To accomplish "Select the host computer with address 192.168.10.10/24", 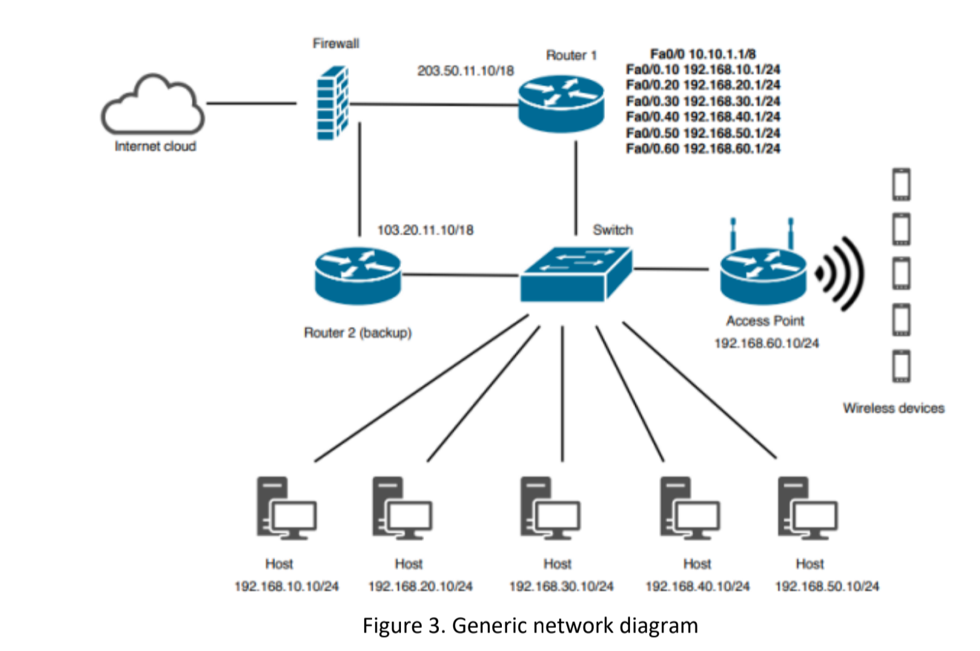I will (x=286, y=508).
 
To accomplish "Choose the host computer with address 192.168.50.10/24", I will (x=807, y=508).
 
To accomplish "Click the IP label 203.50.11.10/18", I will (x=466, y=70).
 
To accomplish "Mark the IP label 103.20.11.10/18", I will (x=426, y=230).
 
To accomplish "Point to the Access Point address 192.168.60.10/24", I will (x=766, y=343).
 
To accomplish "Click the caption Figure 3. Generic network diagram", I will (x=529, y=625).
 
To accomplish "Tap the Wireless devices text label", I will (x=893, y=408).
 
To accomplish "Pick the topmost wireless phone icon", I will (x=901, y=185).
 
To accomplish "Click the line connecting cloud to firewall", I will (x=251, y=103).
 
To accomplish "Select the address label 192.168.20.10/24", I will (x=420, y=586).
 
